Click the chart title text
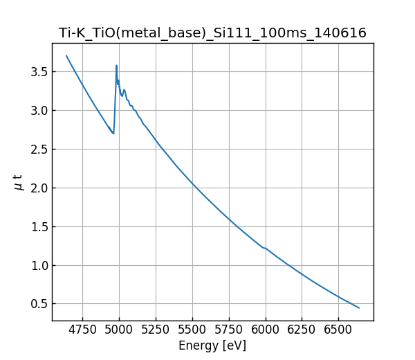coord(212,33)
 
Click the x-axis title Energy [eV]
coord(212,345)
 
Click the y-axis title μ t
coord(19,182)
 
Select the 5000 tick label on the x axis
coord(119,330)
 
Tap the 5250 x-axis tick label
coord(156,330)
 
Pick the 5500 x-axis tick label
coord(192,330)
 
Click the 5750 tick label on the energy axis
coord(229,330)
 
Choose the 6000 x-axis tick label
coord(266,330)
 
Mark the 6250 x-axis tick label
coord(302,330)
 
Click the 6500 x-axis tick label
coord(338,330)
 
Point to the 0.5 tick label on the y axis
coord(38,304)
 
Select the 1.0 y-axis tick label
coord(38,265)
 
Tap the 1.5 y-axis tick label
coord(38,226)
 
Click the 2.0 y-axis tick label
coord(38,188)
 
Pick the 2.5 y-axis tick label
coord(38,149)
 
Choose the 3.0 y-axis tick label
coord(38,110)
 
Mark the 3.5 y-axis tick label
coord(38,71)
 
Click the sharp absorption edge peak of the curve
coord(116,66)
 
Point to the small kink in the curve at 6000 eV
coord(265,248)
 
